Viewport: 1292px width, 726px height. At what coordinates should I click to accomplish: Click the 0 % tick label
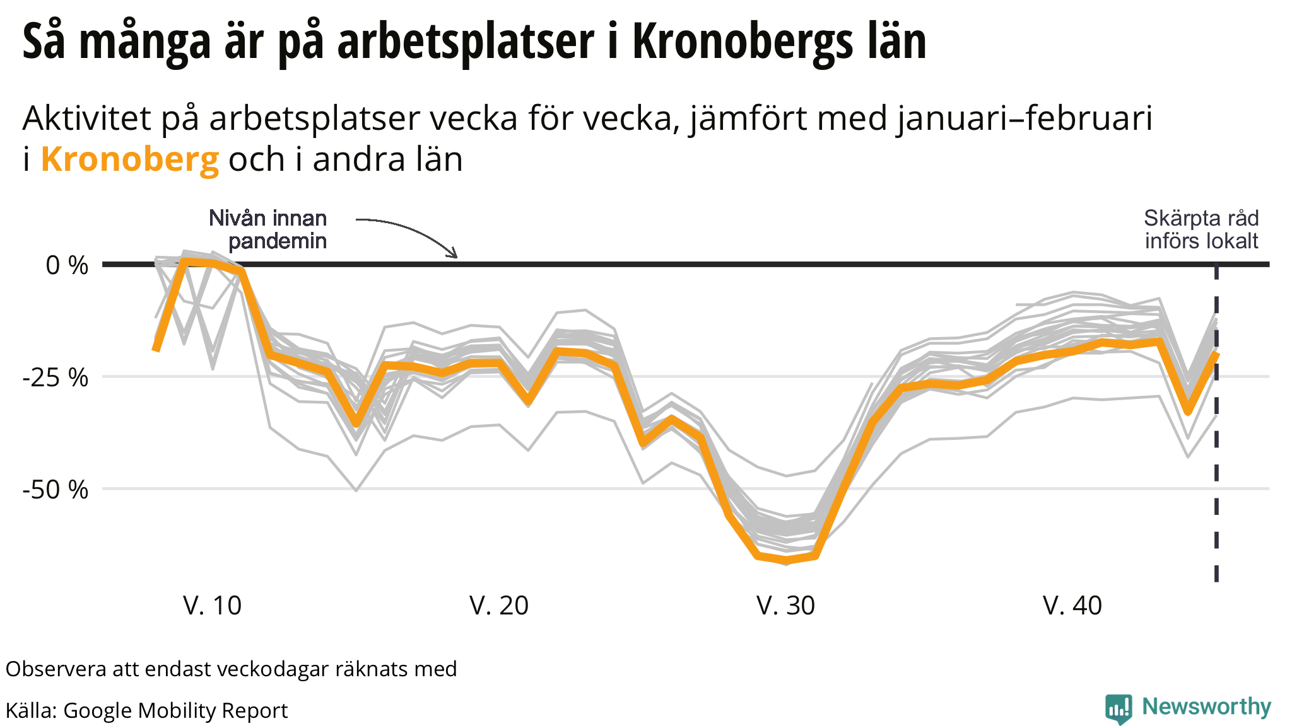click(x=67, y=265)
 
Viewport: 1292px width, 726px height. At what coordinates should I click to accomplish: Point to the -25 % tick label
click(x=56, y=377)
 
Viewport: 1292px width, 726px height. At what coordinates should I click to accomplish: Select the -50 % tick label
click(x=56, y=490)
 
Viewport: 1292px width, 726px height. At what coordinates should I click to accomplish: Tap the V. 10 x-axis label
click(x=212, y=606)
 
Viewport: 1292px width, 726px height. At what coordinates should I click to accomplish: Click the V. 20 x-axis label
click(x=499, y=606)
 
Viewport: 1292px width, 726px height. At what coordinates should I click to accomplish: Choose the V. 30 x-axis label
click(x=785, y=606)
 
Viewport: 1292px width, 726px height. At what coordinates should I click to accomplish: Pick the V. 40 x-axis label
click(x=1072, y=606)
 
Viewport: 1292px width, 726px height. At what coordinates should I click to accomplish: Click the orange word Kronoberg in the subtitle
click(x=130, y=159)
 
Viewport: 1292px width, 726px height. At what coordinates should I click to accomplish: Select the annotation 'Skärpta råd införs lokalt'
click(x=1201, y=229)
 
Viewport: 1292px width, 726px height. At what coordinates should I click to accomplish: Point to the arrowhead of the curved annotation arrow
click(x=454, y=255)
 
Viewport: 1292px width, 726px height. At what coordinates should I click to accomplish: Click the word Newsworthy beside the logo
click(x=1206, y=706)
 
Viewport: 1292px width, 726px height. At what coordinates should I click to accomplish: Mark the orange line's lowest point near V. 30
click(x=786, y=560)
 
